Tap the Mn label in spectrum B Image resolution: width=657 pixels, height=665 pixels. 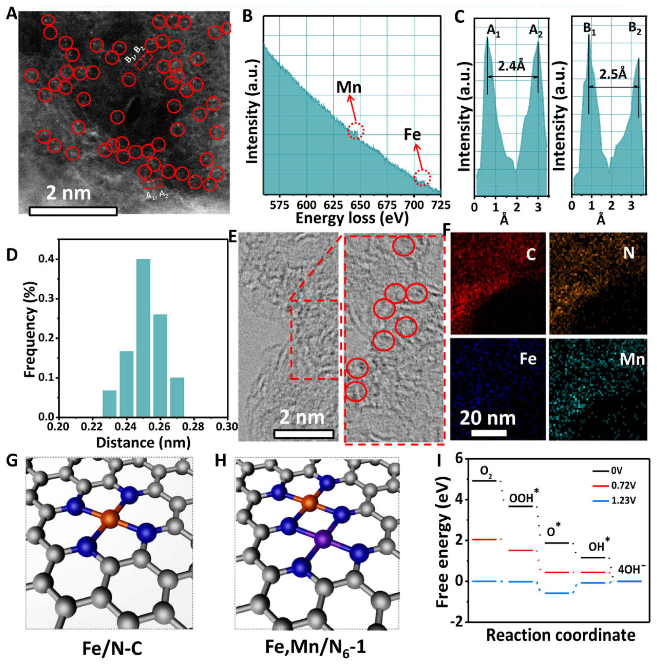tap(349, 88)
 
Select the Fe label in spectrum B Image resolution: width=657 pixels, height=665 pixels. tap(412, 135)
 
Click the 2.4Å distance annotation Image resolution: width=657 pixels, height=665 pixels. tap(512, 67)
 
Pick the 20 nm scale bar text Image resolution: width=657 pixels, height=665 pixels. tap(487, 418)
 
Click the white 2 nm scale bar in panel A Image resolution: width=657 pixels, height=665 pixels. tap(73, 211)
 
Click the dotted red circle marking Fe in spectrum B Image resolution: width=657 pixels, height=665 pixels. tap(422, 178)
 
